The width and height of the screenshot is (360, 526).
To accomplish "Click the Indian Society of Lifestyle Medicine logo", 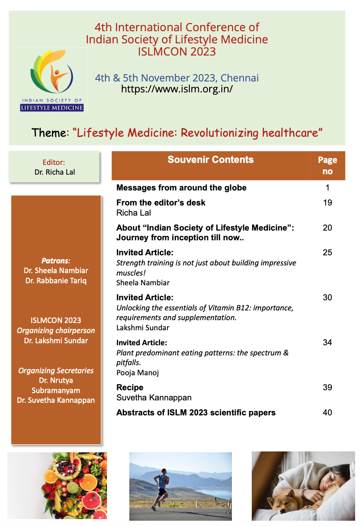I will pyautogui.click(x=51, y=80).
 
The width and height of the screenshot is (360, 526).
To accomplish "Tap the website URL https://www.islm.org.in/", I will pyautogui.click(x=177, y=89).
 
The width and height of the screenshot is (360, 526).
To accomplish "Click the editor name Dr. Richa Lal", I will pyautogui.click(x=54, y=172).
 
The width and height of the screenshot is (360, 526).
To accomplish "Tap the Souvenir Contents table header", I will pyautogui.click(x=210, y=160).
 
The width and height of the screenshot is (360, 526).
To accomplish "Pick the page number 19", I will pyautogui.click(x=327, y=203).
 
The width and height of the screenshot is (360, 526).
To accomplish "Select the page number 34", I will pyautogui.click(x=327, y=343).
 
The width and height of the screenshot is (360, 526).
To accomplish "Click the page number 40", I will pyautogui.click(x=327, y=413).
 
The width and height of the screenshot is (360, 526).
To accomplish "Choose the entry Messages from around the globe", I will pyautogui.click(x=181, y=188).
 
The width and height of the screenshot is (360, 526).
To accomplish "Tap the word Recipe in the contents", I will pyautogui.click(x=130, y=387).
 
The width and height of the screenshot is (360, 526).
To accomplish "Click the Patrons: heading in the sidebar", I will pyautogui.click(x=56, y=261).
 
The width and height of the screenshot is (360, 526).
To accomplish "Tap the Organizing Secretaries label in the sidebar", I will pyautogui.click(x=56, y=370).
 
